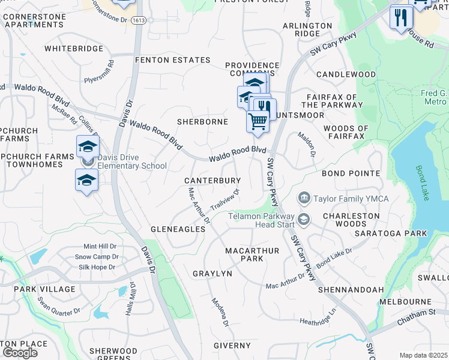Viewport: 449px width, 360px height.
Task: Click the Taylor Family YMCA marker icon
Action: (304, 198)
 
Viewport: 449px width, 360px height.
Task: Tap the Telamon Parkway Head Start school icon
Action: (304, 220)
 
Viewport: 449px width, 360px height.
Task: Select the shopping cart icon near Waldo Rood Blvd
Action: (258, 121)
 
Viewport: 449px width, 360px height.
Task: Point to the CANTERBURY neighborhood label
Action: (212, 181)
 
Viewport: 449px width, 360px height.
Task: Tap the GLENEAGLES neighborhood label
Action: (178, 229)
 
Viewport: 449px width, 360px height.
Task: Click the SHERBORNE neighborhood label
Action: (202, 122)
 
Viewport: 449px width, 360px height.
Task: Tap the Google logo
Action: (19, 352)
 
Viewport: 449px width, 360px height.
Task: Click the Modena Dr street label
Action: (220, 313)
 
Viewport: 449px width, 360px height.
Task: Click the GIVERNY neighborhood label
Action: (232, 346)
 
